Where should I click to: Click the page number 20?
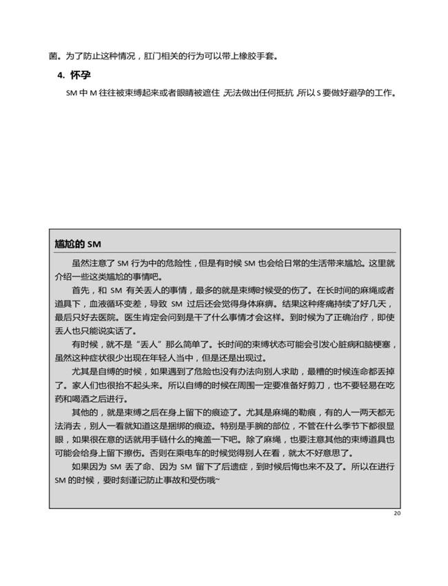pos(396,514)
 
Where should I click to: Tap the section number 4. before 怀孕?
pos(61,75)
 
